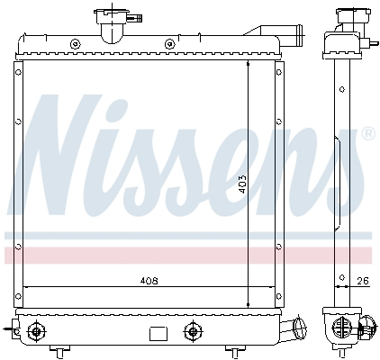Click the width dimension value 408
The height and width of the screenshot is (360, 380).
pyautogui.click(x=149, y=281)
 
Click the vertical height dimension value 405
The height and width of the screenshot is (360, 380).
pyautogui.click(x=241, y=185)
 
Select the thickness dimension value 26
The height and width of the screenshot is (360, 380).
pyautogui.click(x=362, y=281)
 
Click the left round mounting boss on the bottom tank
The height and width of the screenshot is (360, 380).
pyautogui.click(x=37, y=330)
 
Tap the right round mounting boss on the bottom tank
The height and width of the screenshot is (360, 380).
pyautogui.click(x=191, y=330)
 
